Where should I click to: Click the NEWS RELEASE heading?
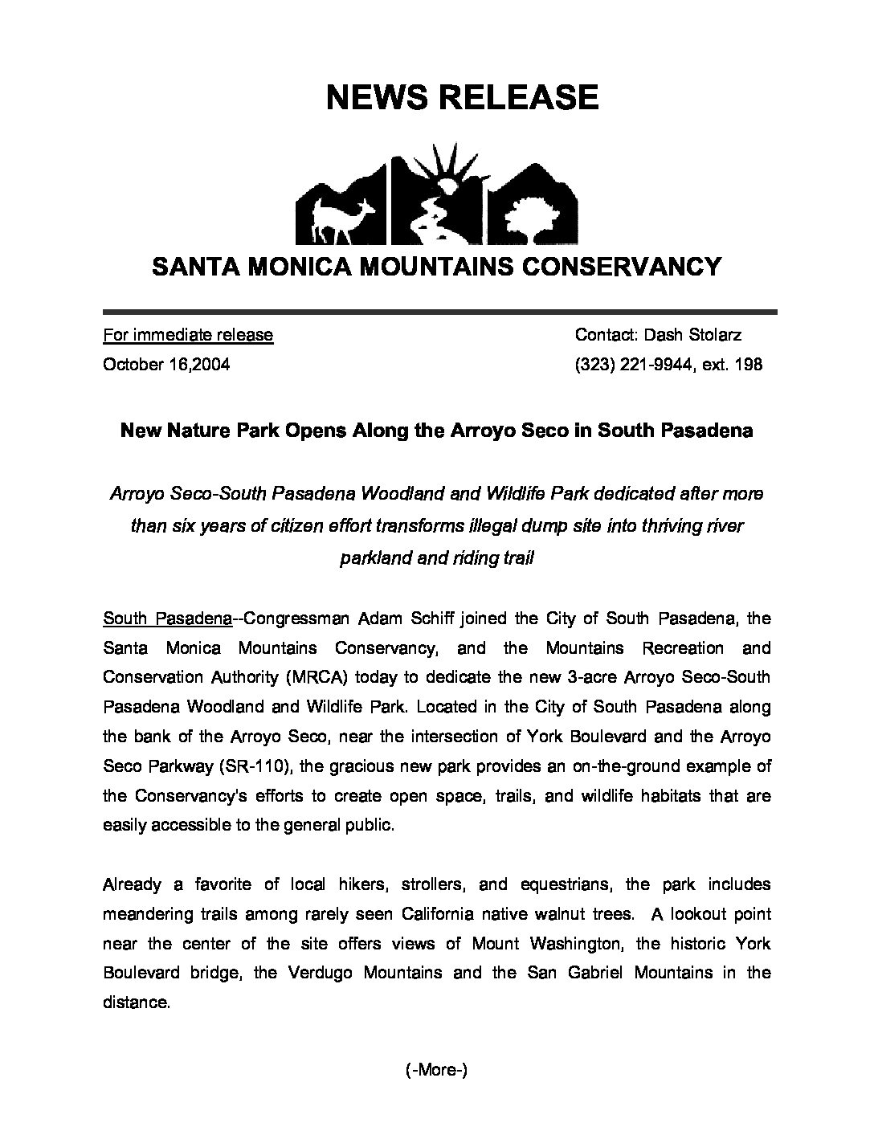[x=462, y=97]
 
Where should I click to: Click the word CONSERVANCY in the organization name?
[x=627, y=266]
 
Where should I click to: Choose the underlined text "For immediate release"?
[x=188, y=335]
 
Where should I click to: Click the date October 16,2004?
[x=166, y=365]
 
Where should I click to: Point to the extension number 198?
[x=749, y=365]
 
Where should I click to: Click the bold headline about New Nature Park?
[x=436, y=431]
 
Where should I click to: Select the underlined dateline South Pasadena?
[x=168, y=619]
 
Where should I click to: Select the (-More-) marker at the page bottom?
[x=437, y=1070]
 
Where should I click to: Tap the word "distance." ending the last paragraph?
[x=137, y=1002]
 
